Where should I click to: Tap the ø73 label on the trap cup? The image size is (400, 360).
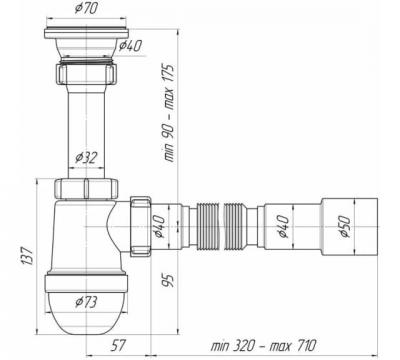[88, 300]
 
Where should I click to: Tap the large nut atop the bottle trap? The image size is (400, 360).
[87, 188]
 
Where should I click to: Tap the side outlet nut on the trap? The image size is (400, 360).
[140, 230]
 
